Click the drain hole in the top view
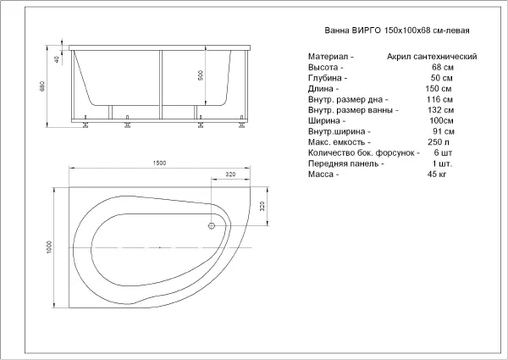pos(212,226)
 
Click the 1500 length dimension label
pos(159,163)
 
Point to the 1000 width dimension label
pos(49,247)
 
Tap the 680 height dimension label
pos(42,86)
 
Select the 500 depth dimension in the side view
pos(201,75)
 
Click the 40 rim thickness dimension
pos(57,59)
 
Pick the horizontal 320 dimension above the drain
pos(230,174)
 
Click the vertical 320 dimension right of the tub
pos(262,206)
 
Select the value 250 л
pos(439,142)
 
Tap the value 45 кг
pos(437,174)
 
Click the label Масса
pos(321,174)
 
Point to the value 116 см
pos(440,99)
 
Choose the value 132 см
pos(440,110)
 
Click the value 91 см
pos(444,131)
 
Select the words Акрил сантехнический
pos(432,57)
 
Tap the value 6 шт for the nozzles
pos(443,152)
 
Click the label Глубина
pos(324,78)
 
